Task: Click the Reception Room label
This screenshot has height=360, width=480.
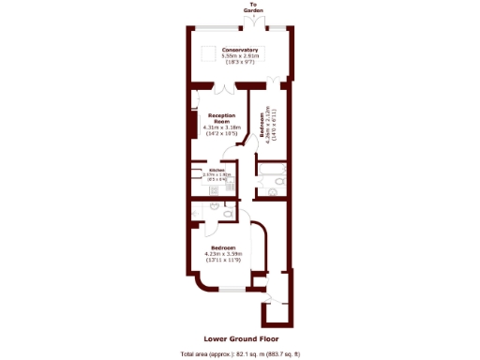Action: [x=222, y=118]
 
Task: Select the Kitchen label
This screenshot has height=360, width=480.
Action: [x=217, y=170]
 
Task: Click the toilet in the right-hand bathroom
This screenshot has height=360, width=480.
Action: [x=272, y=192]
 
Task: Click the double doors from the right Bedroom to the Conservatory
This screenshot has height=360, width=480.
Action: [x=273, y=79]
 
